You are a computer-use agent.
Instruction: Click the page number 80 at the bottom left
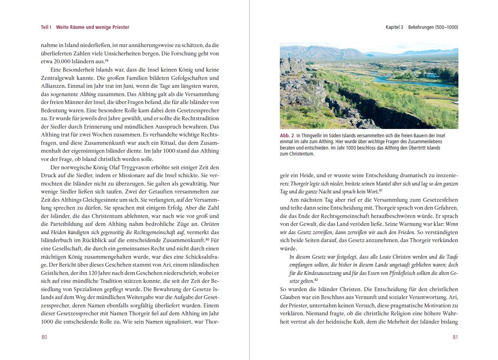tap(44, 337)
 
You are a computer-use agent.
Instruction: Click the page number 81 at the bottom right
tap(455, 337)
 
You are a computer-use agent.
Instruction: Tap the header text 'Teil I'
tap(46, 27)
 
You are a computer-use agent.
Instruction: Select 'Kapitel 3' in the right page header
tap(394, 27)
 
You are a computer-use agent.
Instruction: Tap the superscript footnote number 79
tap(106, 60)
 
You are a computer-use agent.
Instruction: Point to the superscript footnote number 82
tap(317, 280)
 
